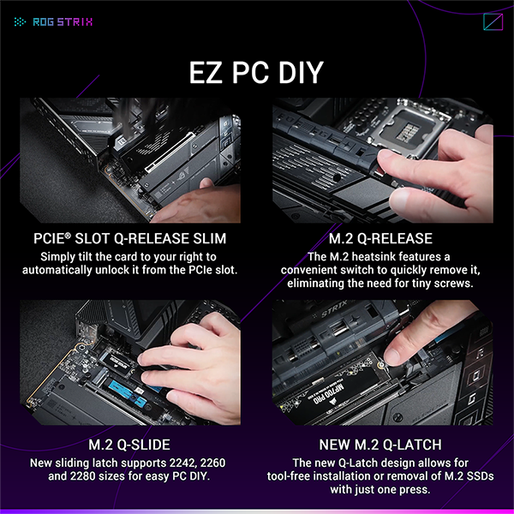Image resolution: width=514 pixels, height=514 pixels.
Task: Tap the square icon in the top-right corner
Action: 493,23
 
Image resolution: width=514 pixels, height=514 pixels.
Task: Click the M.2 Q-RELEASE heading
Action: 381,238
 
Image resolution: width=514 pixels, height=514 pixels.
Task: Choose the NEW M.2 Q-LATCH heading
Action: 381,445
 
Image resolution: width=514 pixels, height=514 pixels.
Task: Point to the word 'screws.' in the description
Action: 451,284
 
